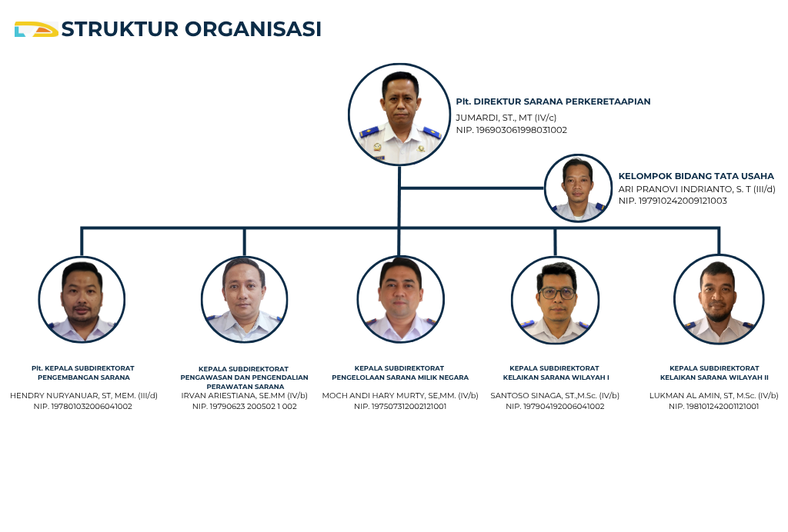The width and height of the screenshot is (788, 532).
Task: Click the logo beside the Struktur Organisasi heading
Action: coord(36,29)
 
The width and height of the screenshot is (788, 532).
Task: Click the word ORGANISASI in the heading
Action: coord(252,29)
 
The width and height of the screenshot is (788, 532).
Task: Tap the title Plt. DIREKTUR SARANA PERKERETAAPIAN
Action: coord(553,101)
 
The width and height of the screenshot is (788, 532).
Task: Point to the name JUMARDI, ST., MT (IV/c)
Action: coord(506,118)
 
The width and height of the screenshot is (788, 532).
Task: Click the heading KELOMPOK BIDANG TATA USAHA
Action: coord(696,176)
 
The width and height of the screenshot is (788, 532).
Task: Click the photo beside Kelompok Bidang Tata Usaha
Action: coord(578,188)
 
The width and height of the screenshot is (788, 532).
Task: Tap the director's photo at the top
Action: coord(399,115)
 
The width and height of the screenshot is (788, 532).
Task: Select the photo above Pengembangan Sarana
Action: coord(82,300)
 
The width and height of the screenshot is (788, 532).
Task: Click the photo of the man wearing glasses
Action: coord(556,301)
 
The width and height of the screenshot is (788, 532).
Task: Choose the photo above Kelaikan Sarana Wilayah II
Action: coord(720,300)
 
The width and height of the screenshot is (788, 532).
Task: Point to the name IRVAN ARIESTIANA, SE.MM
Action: coord(233,395)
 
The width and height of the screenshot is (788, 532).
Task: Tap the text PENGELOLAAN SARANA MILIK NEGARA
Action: coord(400,377)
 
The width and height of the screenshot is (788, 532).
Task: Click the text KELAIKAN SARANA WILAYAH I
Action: coord(556,377)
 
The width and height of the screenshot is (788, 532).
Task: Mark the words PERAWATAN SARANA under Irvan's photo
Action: coord(245,387)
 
